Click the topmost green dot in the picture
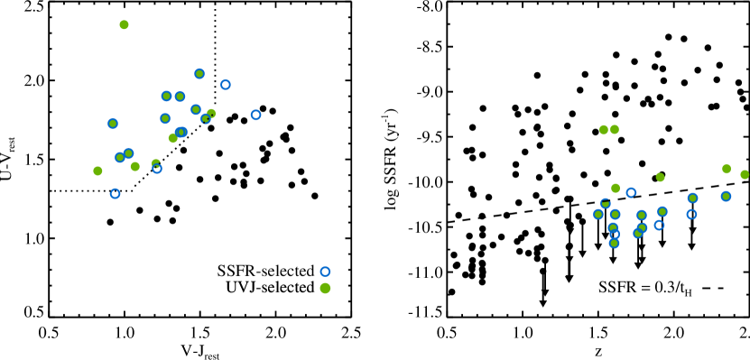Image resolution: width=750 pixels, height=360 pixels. pyautogui.click(x=124, y=25)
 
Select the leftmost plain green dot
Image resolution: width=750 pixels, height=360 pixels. pyautogui.click(x=97, y=171)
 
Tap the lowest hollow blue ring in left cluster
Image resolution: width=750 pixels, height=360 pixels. pyautogui.click(x=115, y=193)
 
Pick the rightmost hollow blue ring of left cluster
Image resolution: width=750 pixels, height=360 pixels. pyautogui.click(x=255, y=115)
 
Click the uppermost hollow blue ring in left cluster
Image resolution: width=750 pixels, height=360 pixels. pyautogui.click(x=225, y=85)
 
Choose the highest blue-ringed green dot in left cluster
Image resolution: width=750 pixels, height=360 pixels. pyautogui.click(x=199, y=74)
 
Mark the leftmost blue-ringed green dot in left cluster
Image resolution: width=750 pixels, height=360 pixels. pyautogui.click(x=113, y=124)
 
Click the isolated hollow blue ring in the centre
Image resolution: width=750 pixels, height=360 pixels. pyautogui.click(x=325, y=272)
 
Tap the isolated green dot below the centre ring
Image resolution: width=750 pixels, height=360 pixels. pyautogui.click(x=325, y=288)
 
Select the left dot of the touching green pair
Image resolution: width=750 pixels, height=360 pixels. pyautogui.click(x=604, y=130)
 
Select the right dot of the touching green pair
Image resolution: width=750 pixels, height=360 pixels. pyautogui.click(x=615, y=130)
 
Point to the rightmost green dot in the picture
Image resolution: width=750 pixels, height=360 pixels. pyautogui.click(x=745, y=174)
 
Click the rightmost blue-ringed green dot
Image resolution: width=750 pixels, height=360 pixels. pyautogui.click(x=726, y=196)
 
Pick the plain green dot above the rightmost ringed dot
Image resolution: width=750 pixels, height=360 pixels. pyautogui.click(x=727, y=169)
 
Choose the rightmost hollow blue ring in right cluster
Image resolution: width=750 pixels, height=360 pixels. pyautogui.click(x=691, y=214)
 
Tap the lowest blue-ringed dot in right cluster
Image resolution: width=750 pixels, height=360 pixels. pyautogui.click(x=614, y=243)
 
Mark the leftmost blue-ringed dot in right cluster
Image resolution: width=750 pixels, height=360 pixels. pyautogui.click(x=598, y=214)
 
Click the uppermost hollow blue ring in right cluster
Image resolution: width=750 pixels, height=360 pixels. pyautogui.click(x=631, y=192)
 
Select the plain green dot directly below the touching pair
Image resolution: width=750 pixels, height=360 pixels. pyautogui.click(x=616, y=188)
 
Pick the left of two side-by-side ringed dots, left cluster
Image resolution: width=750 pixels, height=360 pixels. pyautogui.click(x=167, y=97)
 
